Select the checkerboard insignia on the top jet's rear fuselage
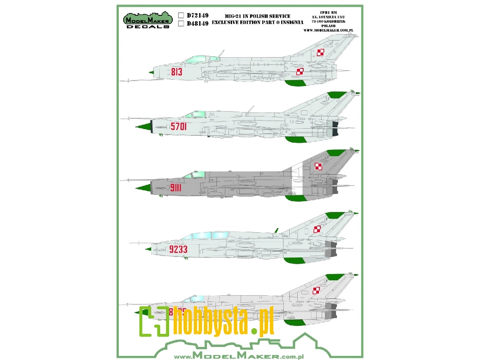click(300, 72)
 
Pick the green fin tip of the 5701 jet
click(335, 95)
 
